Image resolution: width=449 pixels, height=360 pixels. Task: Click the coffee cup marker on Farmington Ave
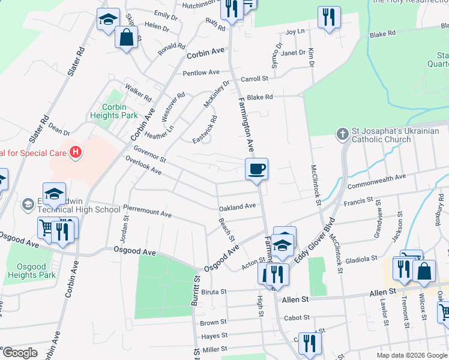point(256,169)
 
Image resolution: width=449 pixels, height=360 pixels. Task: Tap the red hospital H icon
point(75,152)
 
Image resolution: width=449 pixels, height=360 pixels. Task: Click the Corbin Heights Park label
point(113,111)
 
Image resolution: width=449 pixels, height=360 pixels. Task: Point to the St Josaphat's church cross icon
point(342,134)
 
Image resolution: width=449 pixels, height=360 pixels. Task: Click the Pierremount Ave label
point(147,211)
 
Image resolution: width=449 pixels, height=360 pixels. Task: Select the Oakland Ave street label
point(237,207)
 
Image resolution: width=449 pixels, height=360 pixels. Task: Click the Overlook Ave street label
point(143,166)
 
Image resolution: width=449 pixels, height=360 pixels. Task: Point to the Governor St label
point(149,154)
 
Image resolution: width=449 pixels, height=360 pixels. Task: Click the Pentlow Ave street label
point(201,73)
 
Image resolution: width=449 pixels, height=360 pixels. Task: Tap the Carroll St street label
point(254,79)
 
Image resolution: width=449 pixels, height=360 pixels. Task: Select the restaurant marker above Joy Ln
point(328,17)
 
